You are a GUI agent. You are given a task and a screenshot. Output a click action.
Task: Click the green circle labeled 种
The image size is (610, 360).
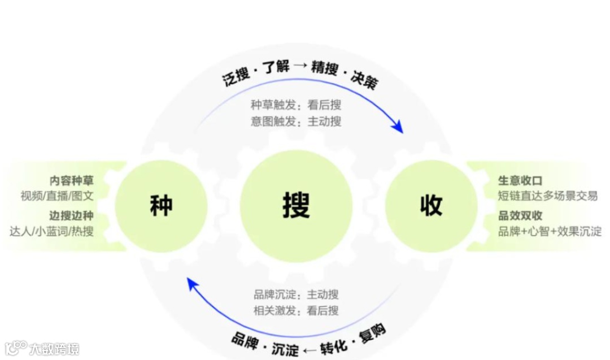click(161, 206)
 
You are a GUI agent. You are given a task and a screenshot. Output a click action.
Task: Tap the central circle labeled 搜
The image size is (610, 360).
click(296, 206)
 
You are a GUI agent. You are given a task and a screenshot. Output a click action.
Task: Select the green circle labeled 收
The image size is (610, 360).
click(431, 206)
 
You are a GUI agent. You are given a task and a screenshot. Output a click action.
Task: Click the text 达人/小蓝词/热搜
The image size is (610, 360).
click(51, 231)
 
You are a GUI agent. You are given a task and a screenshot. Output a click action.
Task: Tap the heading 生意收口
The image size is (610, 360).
click(520, 181)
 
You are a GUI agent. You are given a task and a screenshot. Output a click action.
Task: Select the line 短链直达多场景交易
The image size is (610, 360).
click(547, 196)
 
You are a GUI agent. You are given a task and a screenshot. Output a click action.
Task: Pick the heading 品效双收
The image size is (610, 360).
click(520, 216)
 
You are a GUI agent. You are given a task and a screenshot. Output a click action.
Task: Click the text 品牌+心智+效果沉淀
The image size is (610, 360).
click(550, 231)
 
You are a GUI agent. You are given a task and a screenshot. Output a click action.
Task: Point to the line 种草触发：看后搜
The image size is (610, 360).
click(296, 105)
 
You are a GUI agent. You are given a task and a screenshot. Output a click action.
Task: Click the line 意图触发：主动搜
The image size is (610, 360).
click(296, 121)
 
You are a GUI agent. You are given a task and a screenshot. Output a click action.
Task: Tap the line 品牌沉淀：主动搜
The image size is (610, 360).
click(296, 294)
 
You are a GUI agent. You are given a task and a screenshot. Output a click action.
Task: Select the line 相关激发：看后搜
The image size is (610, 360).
click(296, 310)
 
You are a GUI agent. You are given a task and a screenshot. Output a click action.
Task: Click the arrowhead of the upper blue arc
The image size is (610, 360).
click(399, 128)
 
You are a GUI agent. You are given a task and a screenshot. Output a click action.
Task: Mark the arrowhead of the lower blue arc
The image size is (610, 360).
click(192, 283)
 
